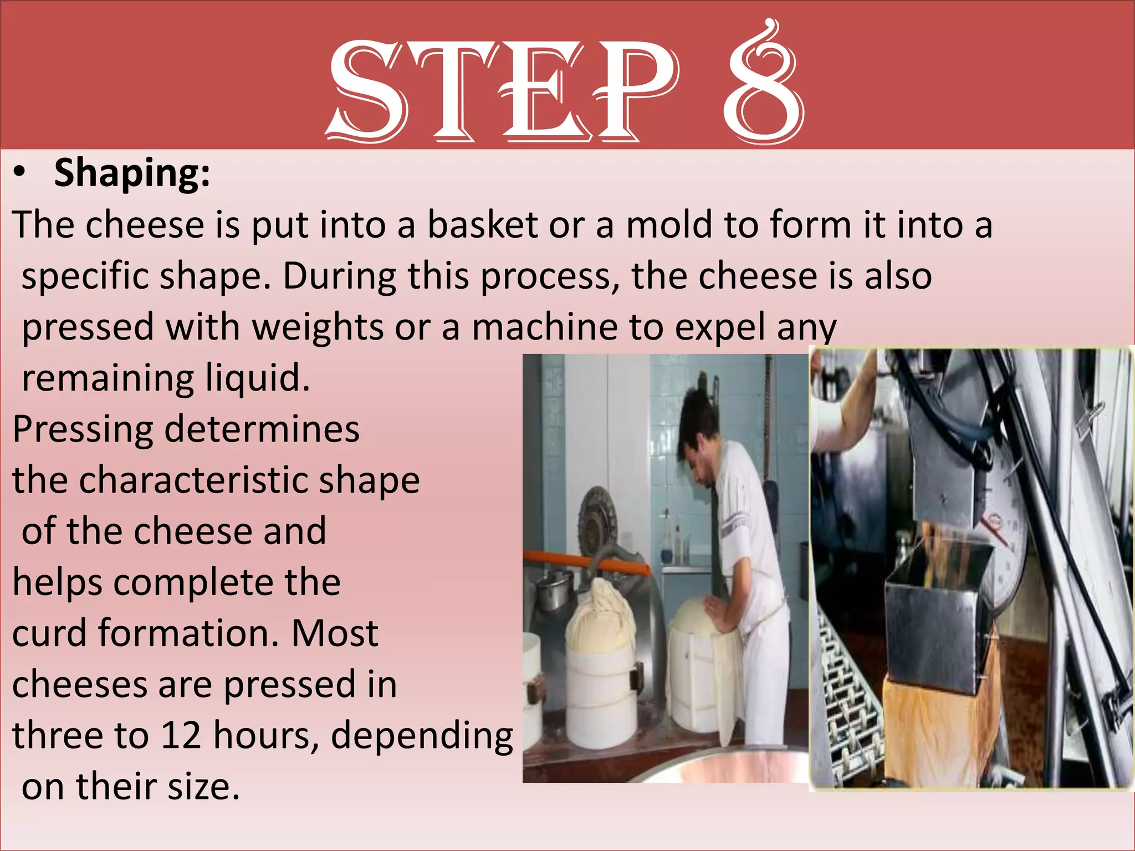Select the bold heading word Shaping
coord(132,173)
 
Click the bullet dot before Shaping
coord(20,173)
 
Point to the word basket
coord(483,225)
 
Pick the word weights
coord(318,327)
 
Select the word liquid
coord(257,378)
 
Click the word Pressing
coord(83,430)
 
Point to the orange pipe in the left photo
coord(587,563)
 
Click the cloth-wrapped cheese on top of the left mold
coord(601,609)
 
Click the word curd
coord(49,633)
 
